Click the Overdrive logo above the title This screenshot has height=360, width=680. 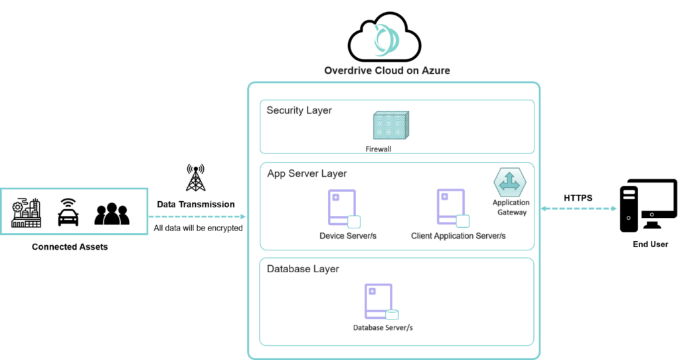tap(386, 41)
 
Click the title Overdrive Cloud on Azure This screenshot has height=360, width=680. tap(386, 70)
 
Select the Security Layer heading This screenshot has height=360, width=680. tap(299, 110)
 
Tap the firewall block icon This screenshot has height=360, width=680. tap(390, 126)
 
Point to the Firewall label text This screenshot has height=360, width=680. tap(379, 149)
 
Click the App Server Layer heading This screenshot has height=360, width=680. tap(307, 173)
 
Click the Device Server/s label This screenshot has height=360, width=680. tap(348, 236)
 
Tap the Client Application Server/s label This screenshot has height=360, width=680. tap(458, 236)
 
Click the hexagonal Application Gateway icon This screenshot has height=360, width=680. tap(509, 181)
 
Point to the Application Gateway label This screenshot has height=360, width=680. tap(510, 207)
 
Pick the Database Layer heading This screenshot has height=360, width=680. tap(302, 269)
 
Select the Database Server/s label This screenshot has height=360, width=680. tap(383, 328)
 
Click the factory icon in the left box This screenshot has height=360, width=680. tap(27, 213)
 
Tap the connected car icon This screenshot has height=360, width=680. tap(69, 213)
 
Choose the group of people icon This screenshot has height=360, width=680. tap(112, 213)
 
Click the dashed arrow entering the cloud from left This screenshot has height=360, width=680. tap(197, 217)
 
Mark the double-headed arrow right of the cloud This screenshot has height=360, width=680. tap(578, 209)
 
